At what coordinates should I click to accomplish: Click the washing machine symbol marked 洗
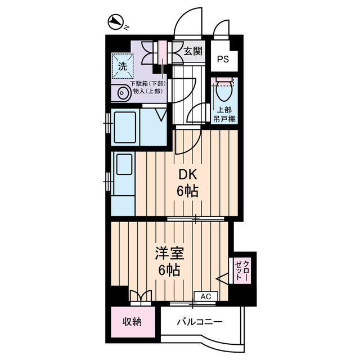coord(122,65)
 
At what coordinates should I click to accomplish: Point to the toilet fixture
coord(225,90)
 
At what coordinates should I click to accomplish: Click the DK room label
coord(187,174)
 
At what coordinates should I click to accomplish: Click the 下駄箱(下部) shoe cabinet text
coord(147,84)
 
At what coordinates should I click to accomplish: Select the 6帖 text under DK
coord(187,191)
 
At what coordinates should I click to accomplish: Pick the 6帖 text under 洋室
coord(168,271)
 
